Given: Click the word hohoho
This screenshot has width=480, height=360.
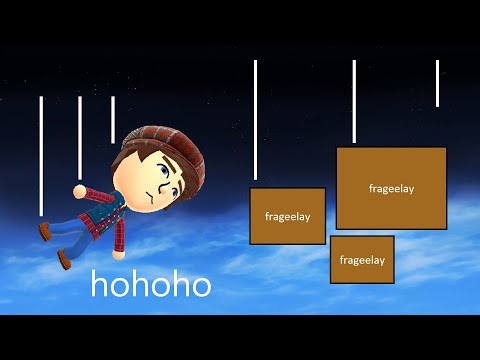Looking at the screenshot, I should point(151,284).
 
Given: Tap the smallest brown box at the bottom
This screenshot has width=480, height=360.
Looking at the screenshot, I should point(362,260).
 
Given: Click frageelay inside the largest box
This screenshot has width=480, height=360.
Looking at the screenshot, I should point(391,188).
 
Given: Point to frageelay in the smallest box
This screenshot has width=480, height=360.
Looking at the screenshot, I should point(362,260).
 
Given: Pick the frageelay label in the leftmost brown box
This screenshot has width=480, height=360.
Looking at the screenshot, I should point(288,215).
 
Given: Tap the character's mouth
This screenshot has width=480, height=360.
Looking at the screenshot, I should point(146,200).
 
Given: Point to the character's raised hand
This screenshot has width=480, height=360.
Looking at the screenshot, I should point(78,189).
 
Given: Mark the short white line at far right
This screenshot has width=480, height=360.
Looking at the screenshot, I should point(437,83).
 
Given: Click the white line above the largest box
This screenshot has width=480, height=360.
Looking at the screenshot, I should point(354,100).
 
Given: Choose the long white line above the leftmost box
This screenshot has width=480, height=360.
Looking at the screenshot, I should point(256,120).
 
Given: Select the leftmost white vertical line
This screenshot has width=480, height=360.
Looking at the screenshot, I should point(41,155).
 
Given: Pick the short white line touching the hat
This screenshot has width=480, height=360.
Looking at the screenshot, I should point(112,119).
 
